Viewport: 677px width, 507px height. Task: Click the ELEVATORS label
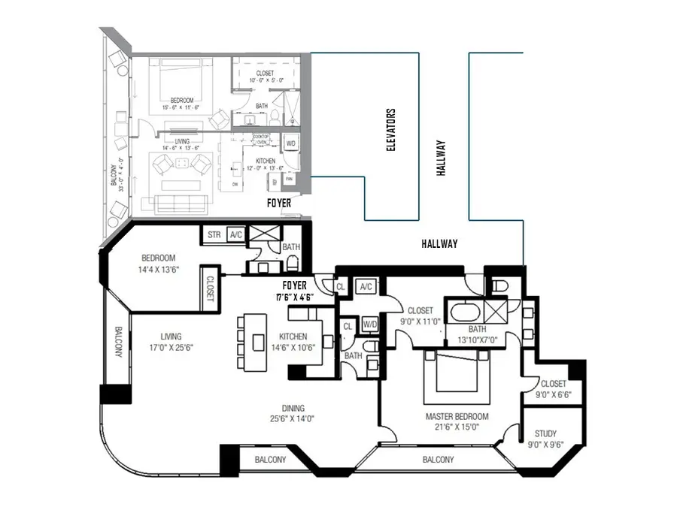coord(390,130)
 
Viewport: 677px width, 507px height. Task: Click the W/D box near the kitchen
coord(370,324)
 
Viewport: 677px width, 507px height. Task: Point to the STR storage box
coord(214,234)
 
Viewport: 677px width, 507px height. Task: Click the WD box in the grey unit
coord(290,143)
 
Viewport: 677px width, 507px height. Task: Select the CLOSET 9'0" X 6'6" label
coord(553,388)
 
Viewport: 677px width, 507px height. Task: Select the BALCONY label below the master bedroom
coord(438,460)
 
